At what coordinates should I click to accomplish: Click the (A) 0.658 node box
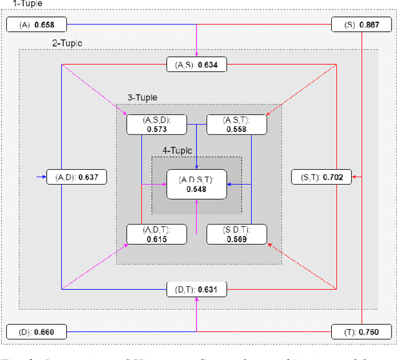click(x=37, y=25)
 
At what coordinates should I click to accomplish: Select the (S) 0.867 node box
click(x=361, y=25)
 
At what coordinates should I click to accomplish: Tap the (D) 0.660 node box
click(x=37, y=331)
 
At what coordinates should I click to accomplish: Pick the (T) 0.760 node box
click(x=361, y=331)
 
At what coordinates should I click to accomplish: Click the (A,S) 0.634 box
click(x=196, y=64)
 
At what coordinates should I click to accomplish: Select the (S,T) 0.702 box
click(x=321, y=178)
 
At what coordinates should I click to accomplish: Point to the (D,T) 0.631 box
click(x=196, y=289)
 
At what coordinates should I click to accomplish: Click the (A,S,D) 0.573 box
click(x=156, y=124)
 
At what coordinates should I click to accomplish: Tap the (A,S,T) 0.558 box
click(x=236, y=124)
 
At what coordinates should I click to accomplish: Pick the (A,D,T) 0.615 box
click(x=156, y=234)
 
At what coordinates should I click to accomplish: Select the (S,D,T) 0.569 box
click(x=236, y=234)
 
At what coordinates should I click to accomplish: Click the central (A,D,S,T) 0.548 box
click(x=196, y=184)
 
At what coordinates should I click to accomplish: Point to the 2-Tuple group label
click(x=66, y=43)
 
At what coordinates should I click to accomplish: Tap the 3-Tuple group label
click(x=142, y=97)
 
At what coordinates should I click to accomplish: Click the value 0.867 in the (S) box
click(x=373, y=25)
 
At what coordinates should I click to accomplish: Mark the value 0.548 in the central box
click(x=196, y=190)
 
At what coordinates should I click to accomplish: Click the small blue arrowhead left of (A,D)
click(x=44, y=178)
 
